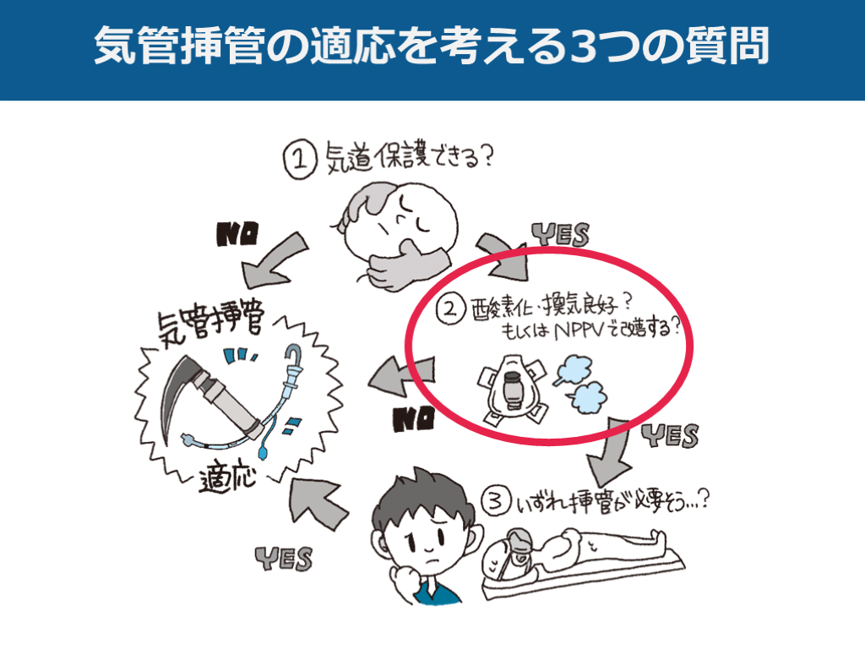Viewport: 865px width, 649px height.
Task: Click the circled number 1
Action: coord(300,160)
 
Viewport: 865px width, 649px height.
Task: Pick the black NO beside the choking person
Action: coord(237,233)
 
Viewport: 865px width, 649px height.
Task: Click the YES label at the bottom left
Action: coord(284,559)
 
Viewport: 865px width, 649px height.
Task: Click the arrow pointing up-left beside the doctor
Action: coord(317,502)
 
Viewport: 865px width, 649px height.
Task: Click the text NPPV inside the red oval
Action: coord(578,330)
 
